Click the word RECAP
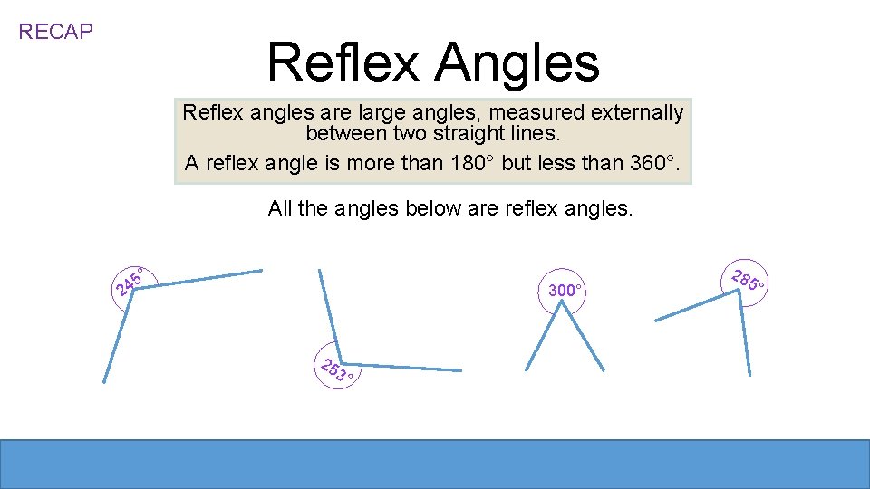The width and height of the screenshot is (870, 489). pyautogui.click(x=56, y=32)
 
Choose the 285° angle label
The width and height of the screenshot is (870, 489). pyautogui.click(x=749, y=281)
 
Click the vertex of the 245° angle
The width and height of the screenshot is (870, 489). pyautogui.click(x=134, y=289)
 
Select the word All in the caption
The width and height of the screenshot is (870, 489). pyautogui.click(x=280, y=209)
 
